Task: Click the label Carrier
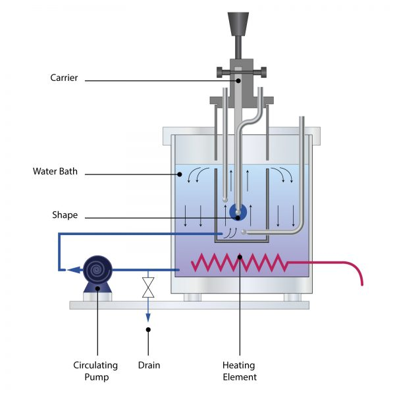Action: pos(64,78)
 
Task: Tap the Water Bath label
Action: pos(55,172)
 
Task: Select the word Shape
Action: pos(65,215)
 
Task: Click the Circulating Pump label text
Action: pos(95,371)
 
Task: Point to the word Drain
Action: pos(149,365)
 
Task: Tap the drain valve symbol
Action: pos(149,287)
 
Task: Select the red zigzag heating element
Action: pos(240,263)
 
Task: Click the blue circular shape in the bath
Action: pos(238,212)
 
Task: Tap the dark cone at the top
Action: pos(238,23)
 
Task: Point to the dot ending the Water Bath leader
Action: pos(178,174)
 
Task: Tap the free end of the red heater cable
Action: pos(362,284)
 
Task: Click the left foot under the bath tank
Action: pos(192,298)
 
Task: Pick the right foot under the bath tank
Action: pos(292,298)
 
